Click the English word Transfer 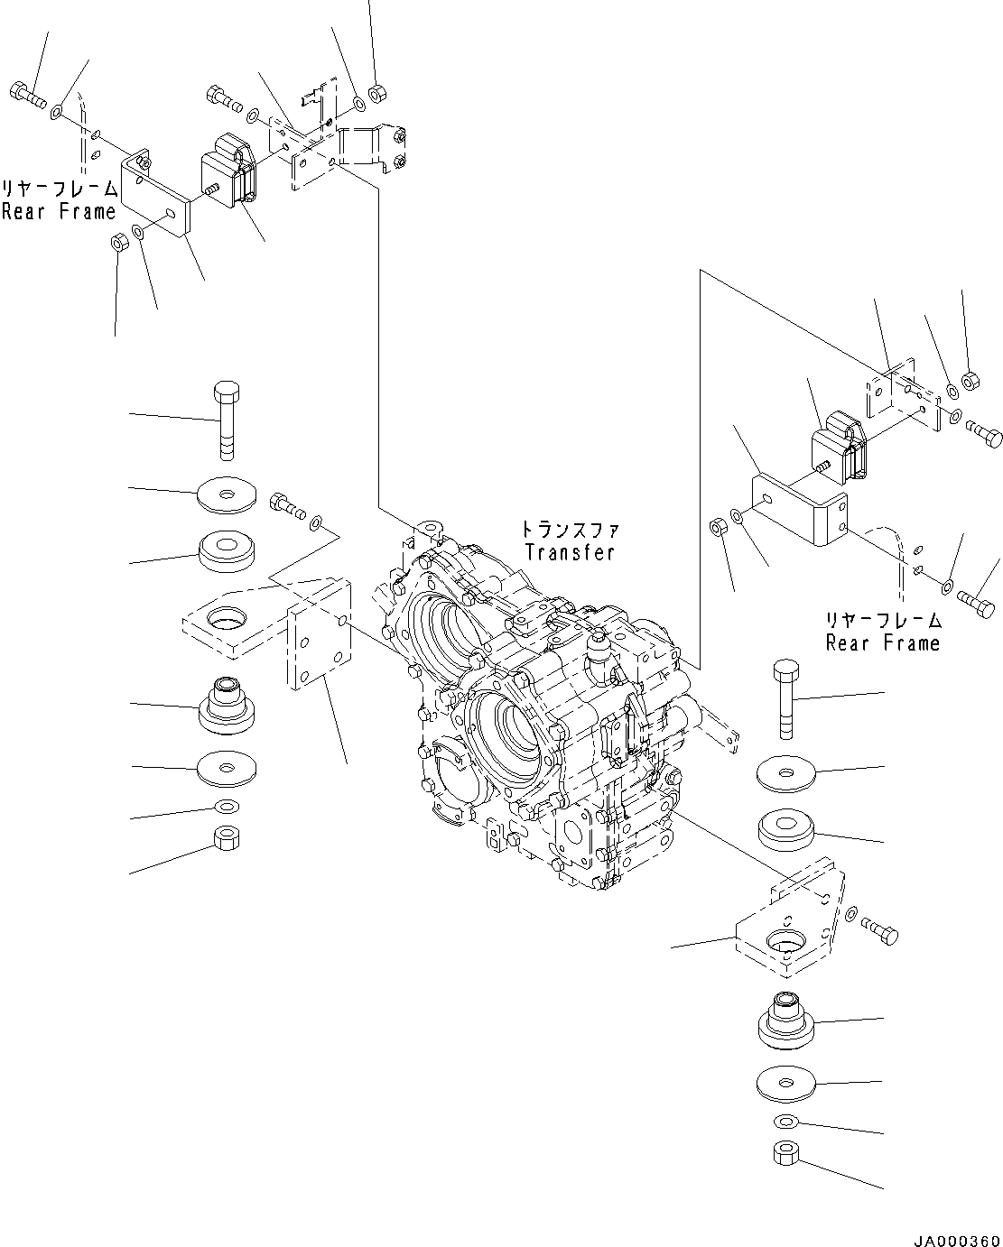click(569, 552)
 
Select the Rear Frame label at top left click(59, 211)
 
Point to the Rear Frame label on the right click(883, 642)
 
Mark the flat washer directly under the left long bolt click(226, 494)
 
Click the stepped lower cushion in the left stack click(226, 707)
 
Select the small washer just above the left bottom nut click(226, 805)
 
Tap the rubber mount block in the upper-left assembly click(229, 171)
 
